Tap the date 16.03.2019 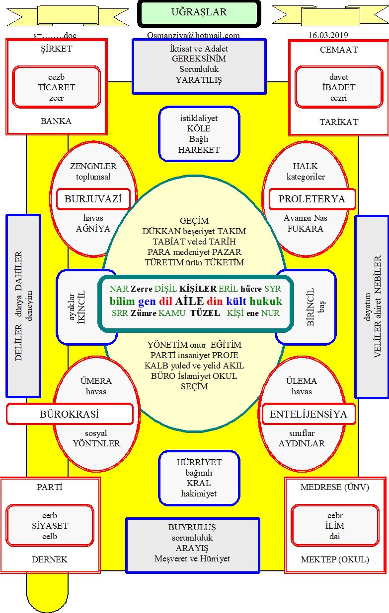pyautogui.click(x=328, y=35)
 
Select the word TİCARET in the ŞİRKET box pyautogui.click(x=57, y=87)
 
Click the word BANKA pyautogui.click(x=56, y=121)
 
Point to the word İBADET pyautogui.click(x=339, y=87)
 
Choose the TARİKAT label pyautogui.click(x=339, y=122)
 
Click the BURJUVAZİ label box pyautogui.click(x=93, y=199)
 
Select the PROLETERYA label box pyautogui.click(x=312, y=199)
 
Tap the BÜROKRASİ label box pyautogui.click(x=70, y=414)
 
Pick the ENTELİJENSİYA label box pyautogui.click(x=309, y=414)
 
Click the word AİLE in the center pyautogui.click(x=189, y=302)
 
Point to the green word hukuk pyautogui.click(x=266, y=302)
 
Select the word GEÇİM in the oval pyautogui.click(x=194, y=221)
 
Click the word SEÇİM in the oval pyautogui.click(x=194, y=386)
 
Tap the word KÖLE pyautogui.click(x=199, y=128)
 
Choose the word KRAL pyautogui.click(x=199, y=483)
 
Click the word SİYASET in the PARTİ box pyautogui.click(x=50, y=526)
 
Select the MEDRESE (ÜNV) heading pyautogui.click(x=335, y=487)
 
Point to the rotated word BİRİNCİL pyautogui.click(x=311, y=307)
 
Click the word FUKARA pyautogui.click(x=305, y=229)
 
